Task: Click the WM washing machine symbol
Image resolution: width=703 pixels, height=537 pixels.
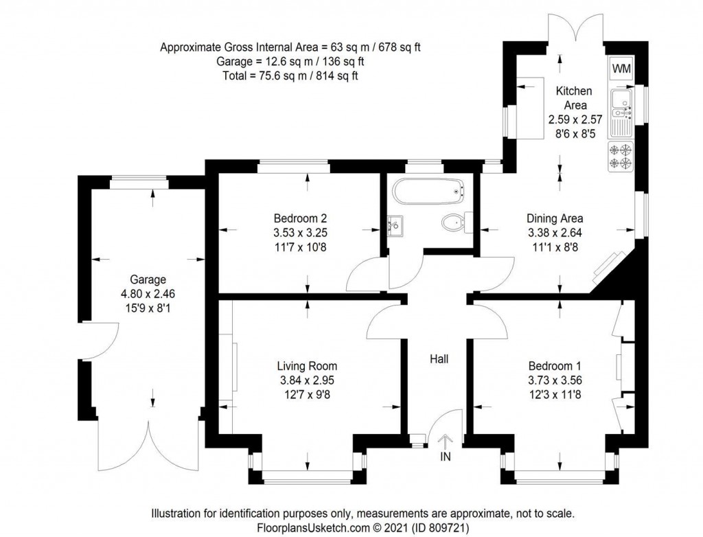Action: (x=621, y=69)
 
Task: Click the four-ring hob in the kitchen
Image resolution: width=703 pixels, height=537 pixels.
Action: (x=621, y=156)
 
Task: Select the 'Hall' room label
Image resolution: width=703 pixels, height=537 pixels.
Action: (x=439, y=359)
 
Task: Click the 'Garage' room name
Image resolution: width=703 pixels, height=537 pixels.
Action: (x=148, y=279)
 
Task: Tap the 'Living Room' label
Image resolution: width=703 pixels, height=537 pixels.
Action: (x=307, y=366)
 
